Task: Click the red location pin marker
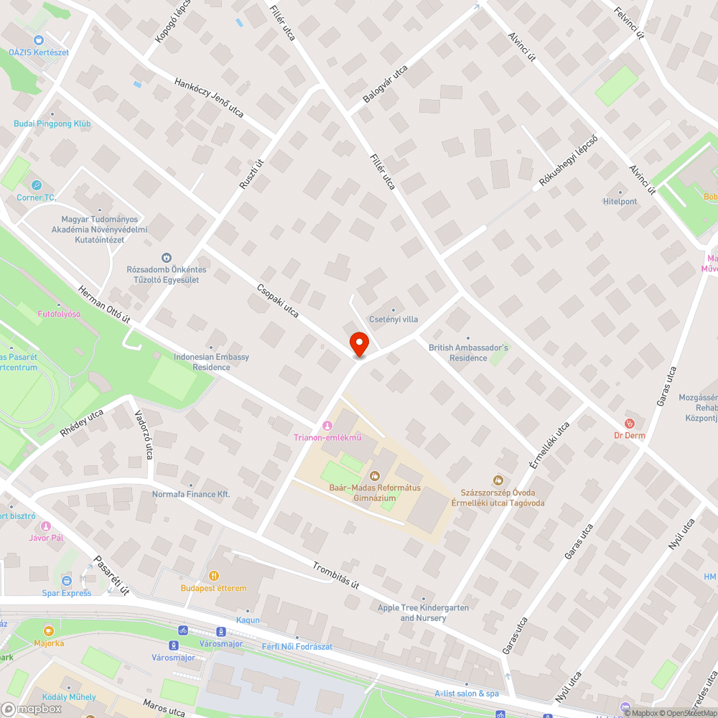click(x=358, y=342)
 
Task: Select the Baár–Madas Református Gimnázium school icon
click(x=373, y=475)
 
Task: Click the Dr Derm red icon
click(x=630, y=424)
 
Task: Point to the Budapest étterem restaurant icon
click(x=213, y=576)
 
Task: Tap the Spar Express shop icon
click(x=67, y=580)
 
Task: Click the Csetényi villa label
click(x=393, y=320)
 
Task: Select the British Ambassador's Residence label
click(x=468, y=353)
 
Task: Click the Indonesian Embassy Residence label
click(x=211, y=362)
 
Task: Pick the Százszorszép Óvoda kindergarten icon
click(x=498, y=480)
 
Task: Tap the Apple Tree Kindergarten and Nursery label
click(x=424, y=612)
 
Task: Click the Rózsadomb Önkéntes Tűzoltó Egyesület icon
click(x=167, y=257)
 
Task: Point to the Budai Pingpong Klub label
click(x=52, y=123)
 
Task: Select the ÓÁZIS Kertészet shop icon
click(x=39, y=41)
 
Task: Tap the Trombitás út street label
click(x=335, y=575)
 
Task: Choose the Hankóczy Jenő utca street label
click(x=209, y=98)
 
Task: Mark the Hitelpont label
click(x=620, y=202)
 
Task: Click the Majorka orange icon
click(x=49, y=631)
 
